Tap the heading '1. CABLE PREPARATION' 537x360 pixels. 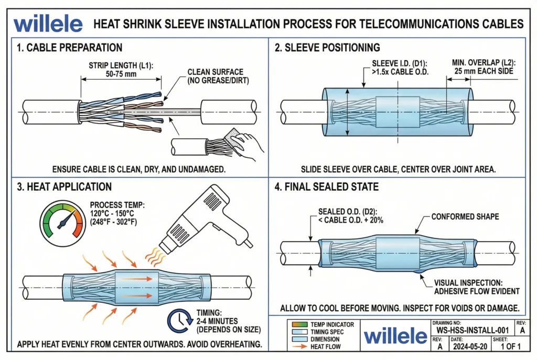point(70,48)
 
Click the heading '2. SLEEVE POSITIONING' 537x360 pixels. point(328,48)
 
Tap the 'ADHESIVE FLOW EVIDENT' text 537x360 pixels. point(475,291)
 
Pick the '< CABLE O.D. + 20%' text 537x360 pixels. point(351,220)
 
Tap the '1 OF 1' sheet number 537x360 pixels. point(509,346)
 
